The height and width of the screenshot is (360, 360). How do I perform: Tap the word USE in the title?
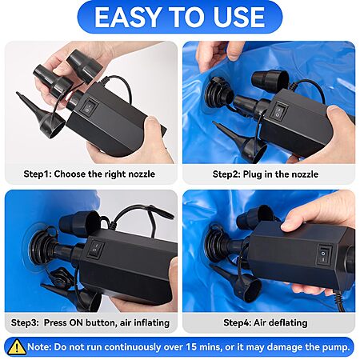point(238,17)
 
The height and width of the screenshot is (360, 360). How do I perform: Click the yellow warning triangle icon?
point(17,346)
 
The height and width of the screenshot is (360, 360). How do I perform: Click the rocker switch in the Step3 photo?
point(96,249)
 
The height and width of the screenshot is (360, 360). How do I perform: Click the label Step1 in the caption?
point(38,174)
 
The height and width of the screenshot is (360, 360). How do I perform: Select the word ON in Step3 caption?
point(76,322)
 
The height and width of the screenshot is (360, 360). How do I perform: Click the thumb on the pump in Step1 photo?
point(154,126)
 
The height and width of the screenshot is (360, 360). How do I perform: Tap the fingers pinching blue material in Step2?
point(218,54)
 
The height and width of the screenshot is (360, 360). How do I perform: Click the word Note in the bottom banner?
point(39,347)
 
